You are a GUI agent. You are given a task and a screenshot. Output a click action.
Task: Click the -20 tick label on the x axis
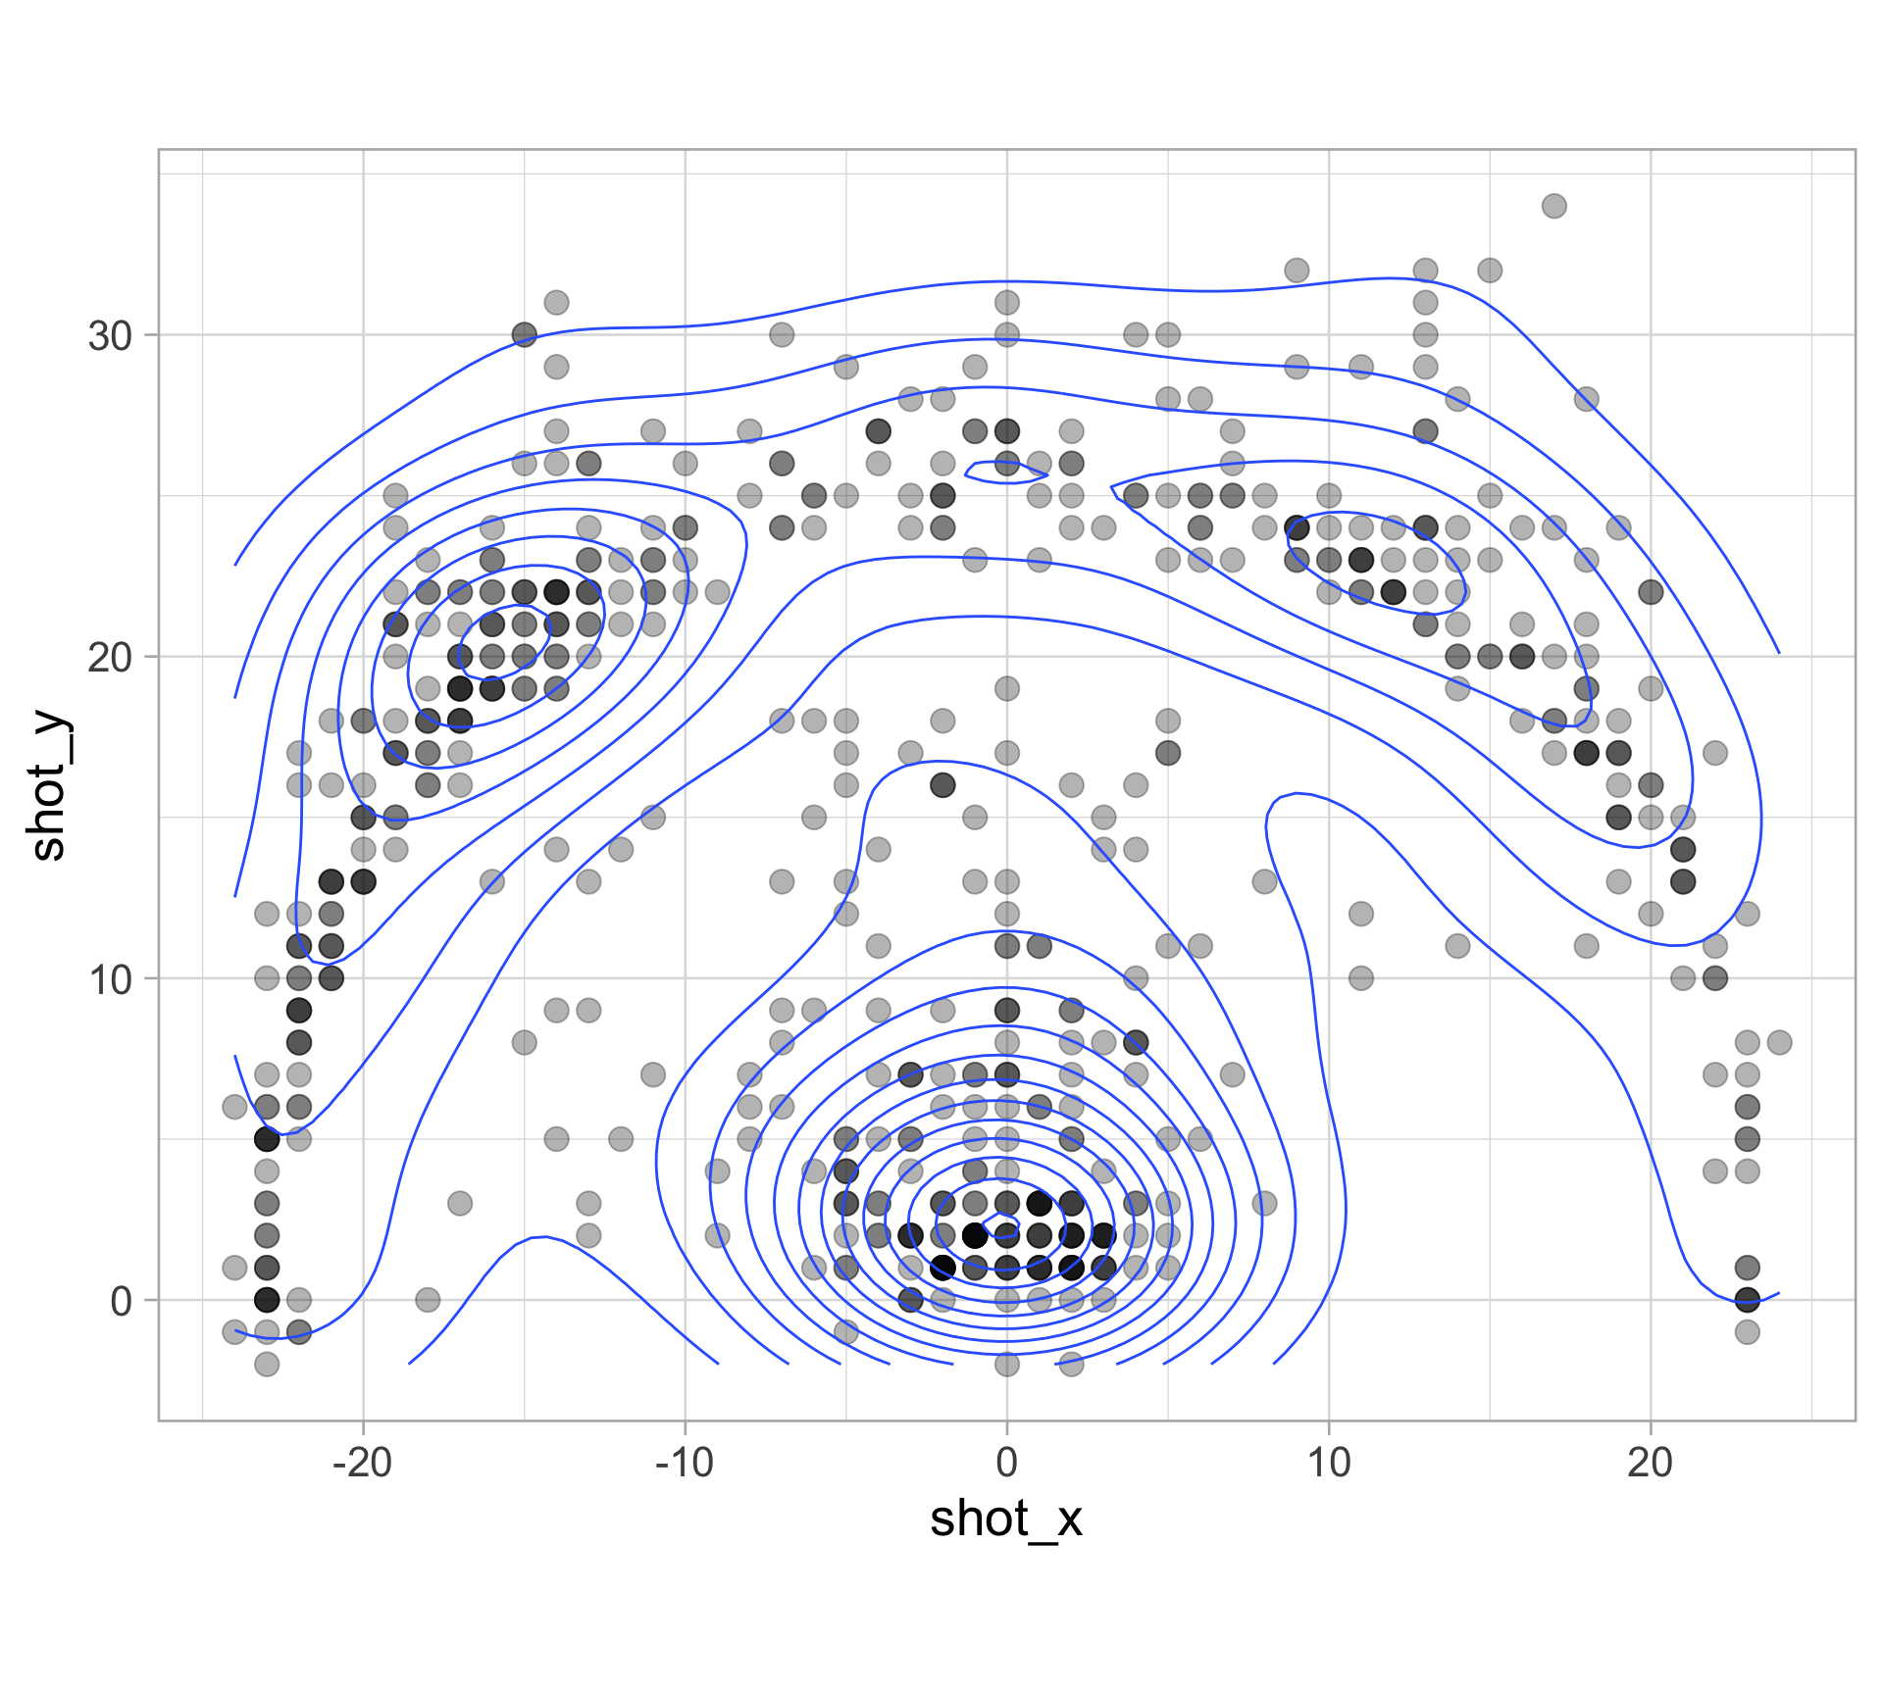pyautogui.click(x=362, y=1464)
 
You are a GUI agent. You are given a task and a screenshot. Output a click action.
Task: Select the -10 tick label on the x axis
pyautogui.click(x=684, y=1464)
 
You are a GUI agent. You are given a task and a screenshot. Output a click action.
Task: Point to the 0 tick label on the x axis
pyautogui.click(x=1006, y=1464)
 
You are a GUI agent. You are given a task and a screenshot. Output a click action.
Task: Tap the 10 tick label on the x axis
pyautogui.click(x=1328, y=1464)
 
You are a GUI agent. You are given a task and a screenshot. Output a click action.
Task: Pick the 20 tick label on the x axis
pyautogui.click(x=1650, y=1464)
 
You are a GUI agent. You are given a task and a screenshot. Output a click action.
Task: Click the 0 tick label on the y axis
pyautogui.click(x=122, y=1301)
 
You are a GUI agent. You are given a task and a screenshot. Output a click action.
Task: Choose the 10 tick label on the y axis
pyautogui.click(x=110, y=978)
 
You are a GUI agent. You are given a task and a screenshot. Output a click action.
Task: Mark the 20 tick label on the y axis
pyautogui.click(x=110, y=657)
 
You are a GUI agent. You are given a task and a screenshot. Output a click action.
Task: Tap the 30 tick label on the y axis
pyautogui.click(x=110, y=335)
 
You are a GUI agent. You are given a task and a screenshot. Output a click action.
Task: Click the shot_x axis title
pyautogui.click(x=1006, y=1520)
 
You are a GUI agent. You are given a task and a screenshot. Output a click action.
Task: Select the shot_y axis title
pyautogui.click(x=49, y=789)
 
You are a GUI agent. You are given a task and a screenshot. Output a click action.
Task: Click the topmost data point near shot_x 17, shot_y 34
pyautogui.click(x=1553, y=206)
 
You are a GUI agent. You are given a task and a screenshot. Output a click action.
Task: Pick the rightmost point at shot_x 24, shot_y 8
pyautogui.click(x=1779, y=1042)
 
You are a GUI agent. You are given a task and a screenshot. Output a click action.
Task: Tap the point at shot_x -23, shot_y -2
pyautogui.click(x=267, y=1364)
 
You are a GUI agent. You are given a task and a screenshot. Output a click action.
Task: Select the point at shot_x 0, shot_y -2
pyautogui.click(x=1006, y=1364)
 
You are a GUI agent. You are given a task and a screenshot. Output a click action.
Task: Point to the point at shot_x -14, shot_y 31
pyautogui.click(x=556, y=302)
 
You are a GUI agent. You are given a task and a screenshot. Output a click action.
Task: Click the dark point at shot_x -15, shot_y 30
pyautogui.click(x=525, y=334)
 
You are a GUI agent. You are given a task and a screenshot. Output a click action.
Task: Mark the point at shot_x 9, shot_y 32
pyautogui.click(x=1297, y=270)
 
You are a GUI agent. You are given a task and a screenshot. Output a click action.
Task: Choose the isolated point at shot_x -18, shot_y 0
pyautogui.click(x=428, y=1300)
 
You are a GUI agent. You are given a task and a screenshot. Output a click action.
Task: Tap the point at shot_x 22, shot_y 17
pyautogui.click(x=1714, y=753)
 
